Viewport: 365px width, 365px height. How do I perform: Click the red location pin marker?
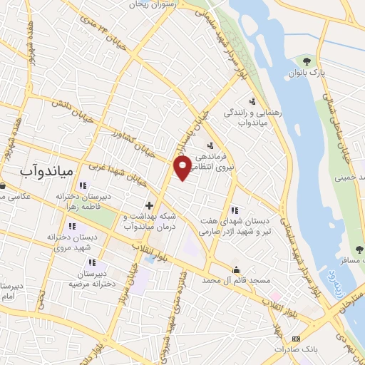coord(183,167)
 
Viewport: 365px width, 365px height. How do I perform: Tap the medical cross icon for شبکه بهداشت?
coord(149,205)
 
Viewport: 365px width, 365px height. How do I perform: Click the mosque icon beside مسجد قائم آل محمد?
coord(236,269)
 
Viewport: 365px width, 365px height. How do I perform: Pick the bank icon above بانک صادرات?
coord(297,337)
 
